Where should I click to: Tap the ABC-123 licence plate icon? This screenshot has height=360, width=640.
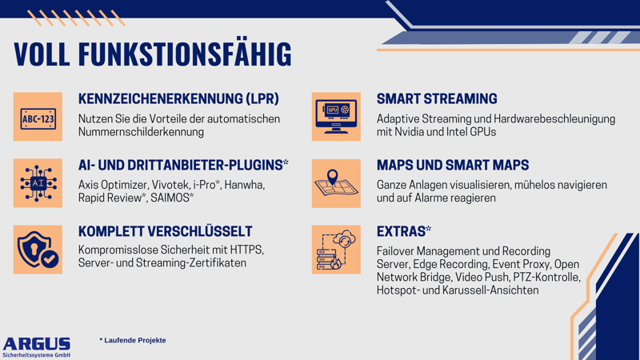pyautogui.click(x=38, y=118)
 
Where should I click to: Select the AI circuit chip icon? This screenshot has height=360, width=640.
pyautogui.click(x=38, y=183)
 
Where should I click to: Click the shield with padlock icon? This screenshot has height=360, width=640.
pyautogui.click(x=38, y=250)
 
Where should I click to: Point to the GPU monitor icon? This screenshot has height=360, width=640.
pyautogui.click(x=336, y=118)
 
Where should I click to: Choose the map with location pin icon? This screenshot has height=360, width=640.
pyautogui.click(x=336, y=183)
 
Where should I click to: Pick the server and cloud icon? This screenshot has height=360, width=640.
pyautogui.click(x=336, y=250)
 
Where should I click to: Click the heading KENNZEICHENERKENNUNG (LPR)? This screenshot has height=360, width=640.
pyautogui.click(x=178, y=99)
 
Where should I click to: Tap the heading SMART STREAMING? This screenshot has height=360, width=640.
pyautogui.click(x=437, y=99)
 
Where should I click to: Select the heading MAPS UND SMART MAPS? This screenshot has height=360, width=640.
pyautogui.click(x=453, y=166)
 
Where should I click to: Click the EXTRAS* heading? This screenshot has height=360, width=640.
pyautogui.click(x=404, y=231)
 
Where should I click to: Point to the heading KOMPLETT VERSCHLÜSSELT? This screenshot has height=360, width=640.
pyautogui.click(x=166, y=231)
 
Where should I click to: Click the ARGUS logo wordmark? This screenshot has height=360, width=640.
pyautogui.click(x=37, y=343)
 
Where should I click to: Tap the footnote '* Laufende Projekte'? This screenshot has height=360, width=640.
pyautogui.click(x=133, y=340)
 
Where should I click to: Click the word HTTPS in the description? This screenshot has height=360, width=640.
pyautogui.click(x=245, y=250)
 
